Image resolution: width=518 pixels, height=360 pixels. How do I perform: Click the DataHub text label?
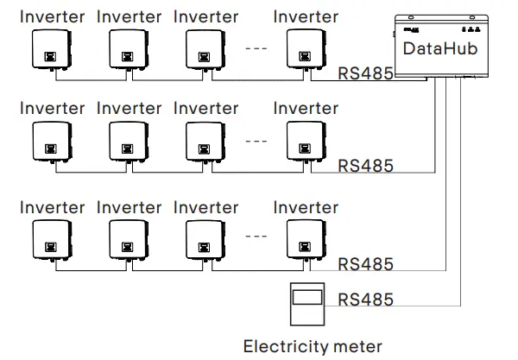440,49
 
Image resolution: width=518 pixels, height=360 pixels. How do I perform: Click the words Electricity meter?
313,347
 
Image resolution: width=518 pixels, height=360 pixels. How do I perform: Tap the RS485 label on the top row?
365,73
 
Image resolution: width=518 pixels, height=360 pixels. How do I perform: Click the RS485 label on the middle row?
365,165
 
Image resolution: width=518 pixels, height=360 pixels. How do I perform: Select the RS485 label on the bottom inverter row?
365,263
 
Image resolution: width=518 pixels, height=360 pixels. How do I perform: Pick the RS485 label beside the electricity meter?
365,300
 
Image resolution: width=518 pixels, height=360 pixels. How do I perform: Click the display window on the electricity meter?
307,297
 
